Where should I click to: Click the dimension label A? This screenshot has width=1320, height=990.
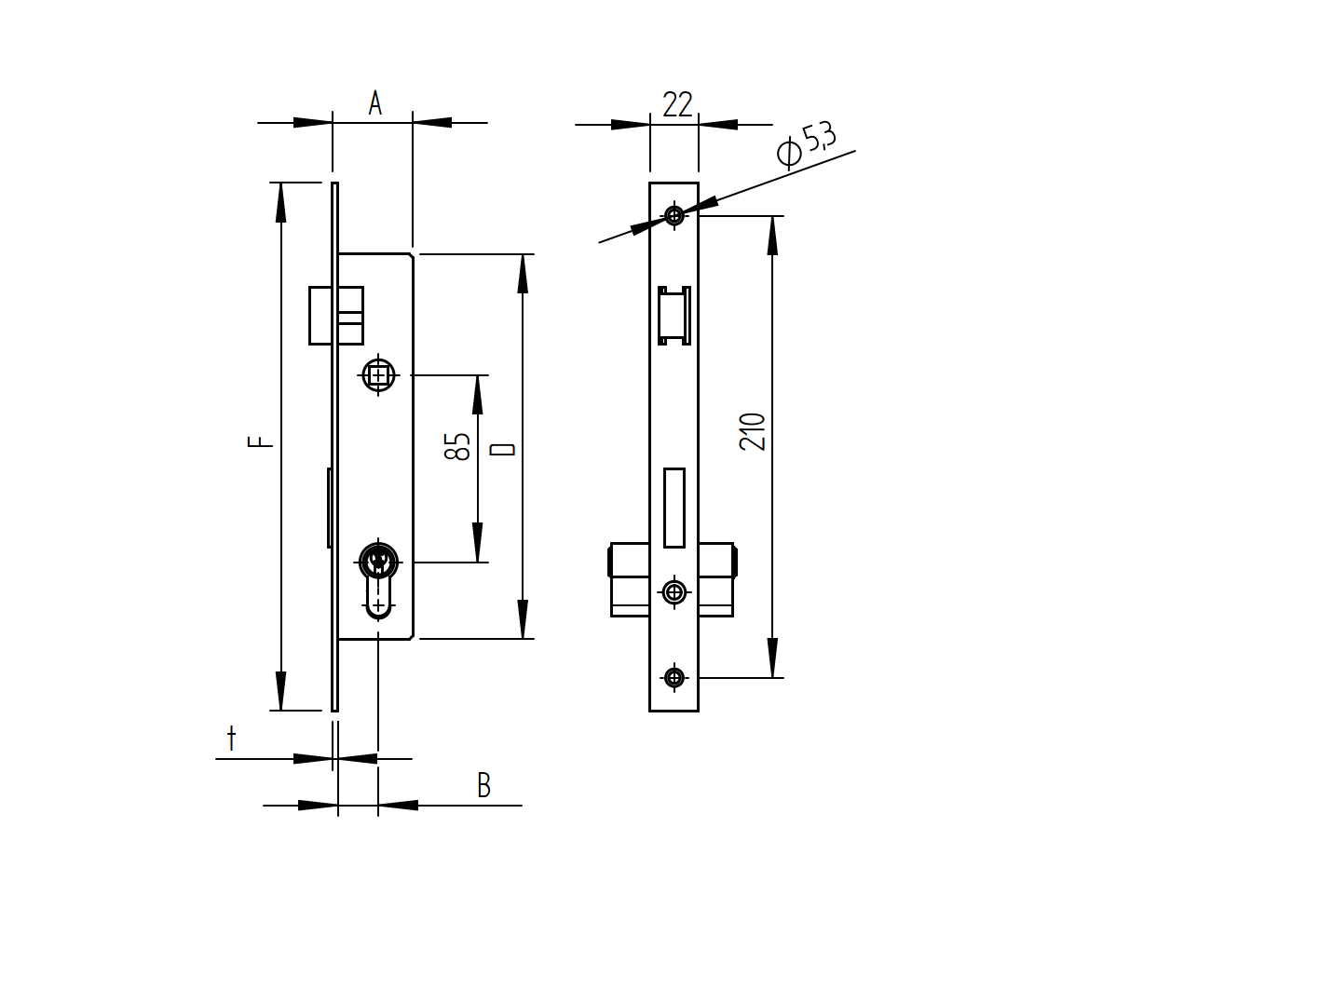pyautogui.click(x=374, y=102)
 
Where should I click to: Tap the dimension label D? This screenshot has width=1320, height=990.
pyautogui.click(x=503, y=449)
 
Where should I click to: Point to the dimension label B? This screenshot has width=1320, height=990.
pyautogui.click(x=483, y=786)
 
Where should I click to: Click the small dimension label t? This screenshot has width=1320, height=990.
pyautogui.click(x=231, y=739)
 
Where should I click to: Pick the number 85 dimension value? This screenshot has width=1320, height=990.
pyautogui.click(x=457, y=446)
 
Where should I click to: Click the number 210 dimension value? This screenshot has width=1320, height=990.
pyautogui.click(x=753, y=432)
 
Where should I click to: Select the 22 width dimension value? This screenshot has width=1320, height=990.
pyautogui.click(x=677, y=104)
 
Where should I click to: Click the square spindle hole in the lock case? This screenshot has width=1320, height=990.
pyautogui.click(x=378, y=376)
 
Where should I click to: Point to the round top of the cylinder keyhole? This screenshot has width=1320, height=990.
pyautogui.click(x=378, y=562)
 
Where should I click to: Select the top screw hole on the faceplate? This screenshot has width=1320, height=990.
pyautogui.click(x=674, y=216)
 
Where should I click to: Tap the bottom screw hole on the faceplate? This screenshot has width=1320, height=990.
pyautogui.click(x=674, y=677)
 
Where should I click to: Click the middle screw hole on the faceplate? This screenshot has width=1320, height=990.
pyautogui.click(x=674, y=591)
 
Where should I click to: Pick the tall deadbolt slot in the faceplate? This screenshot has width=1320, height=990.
pyautogui.click(x=674, y=508)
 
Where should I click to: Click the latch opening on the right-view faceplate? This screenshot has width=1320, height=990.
pyautogui.click(x=674, y=315)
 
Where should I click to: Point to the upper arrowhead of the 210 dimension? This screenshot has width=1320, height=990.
pyautogui.click(x=772, y=235)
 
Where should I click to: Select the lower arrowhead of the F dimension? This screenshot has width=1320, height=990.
pyautogui.click(x=280, y=692)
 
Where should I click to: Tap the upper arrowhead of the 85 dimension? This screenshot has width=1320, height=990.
pyautogui.click(x=478, y=394)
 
